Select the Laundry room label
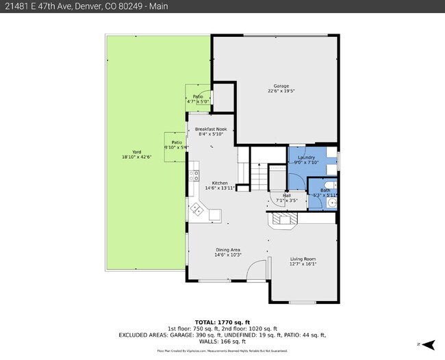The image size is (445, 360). (x=306, y=157)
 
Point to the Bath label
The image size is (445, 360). (x=325, y=190)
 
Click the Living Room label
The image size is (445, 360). (x=303, y=259)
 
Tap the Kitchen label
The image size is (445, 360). (x=220, y=183)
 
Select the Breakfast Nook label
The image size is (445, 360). (x=206, y=129)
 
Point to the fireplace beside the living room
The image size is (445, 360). (x=281, y=220)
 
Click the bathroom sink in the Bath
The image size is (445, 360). (x=332, y=203)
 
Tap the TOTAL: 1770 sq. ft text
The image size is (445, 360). (x=222, y=322)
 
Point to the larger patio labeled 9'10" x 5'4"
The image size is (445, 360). (x=175, y=145)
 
